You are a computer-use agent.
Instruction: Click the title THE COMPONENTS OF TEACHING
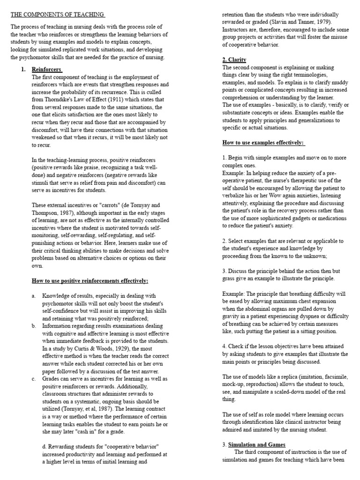[x=58, y=15]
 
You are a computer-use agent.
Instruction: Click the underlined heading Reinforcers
[x=47, y=69]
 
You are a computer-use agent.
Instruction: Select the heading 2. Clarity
[x=234, y=60]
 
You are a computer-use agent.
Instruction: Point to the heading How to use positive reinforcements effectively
[x=90, y=281]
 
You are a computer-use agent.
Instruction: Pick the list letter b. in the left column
[x=34, y=326]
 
